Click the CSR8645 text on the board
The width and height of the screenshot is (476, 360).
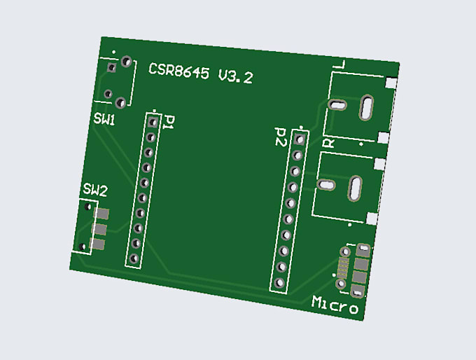[x=179, y=71]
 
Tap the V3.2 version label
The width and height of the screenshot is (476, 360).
[x=235, y=77]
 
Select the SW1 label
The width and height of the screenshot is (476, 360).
[x=104, y=120]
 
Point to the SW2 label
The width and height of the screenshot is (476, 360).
[x=95, y=190]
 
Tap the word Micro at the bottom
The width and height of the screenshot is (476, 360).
[x=336, y=305]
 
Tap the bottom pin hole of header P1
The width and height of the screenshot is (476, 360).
[x=133, y=258]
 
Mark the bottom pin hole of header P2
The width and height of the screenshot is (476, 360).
[x=280, y=284]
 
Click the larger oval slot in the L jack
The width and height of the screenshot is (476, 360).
[x=367, y=108]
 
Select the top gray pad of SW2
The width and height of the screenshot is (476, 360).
[x=103, y=214]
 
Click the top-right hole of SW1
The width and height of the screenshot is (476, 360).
[x=126, y=62]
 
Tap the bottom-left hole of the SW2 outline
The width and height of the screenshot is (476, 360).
[x=84, y=247]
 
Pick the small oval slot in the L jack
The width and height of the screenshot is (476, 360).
[x=337, y=105]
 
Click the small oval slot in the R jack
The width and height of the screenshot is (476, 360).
[x=325, y=185]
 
